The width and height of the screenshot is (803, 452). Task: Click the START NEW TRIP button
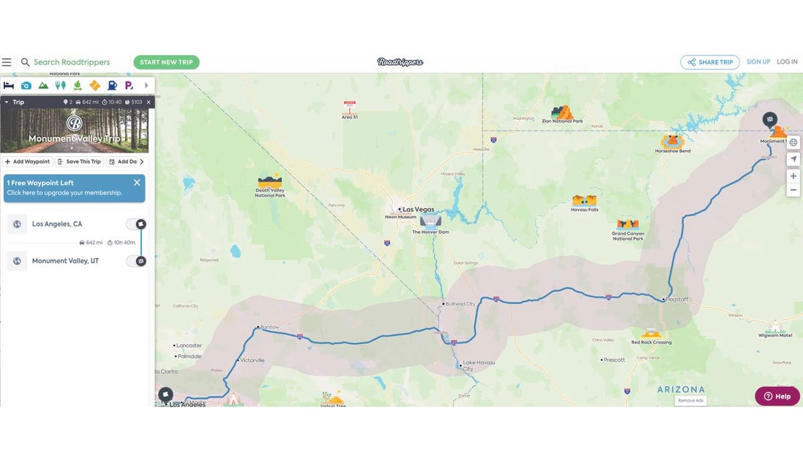pos(167,62)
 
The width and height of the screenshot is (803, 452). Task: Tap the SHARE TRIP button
pos(710,62)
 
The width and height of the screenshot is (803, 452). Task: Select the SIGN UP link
pos(758,62)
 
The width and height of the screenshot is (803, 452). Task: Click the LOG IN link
pos(787,62)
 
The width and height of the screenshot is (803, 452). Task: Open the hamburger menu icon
pos(7,62)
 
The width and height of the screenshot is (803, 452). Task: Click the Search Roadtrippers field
pos(72,62)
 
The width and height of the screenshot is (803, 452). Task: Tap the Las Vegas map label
pos(419,210)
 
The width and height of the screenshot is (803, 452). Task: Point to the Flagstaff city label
pos(676,299)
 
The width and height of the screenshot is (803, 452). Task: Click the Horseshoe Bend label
pos(673,151)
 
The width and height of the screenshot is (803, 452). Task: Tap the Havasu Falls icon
pos(584,200)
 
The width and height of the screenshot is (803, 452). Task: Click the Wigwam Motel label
pos(776,335)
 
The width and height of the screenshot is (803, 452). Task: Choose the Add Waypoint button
pos(27,161)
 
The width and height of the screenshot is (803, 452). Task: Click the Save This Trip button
pos(79,161)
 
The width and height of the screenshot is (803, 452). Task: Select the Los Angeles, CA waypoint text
pos(57,224)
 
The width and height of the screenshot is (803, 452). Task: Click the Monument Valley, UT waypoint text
pos(65,260)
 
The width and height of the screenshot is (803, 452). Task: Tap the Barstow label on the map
pos(270,328)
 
